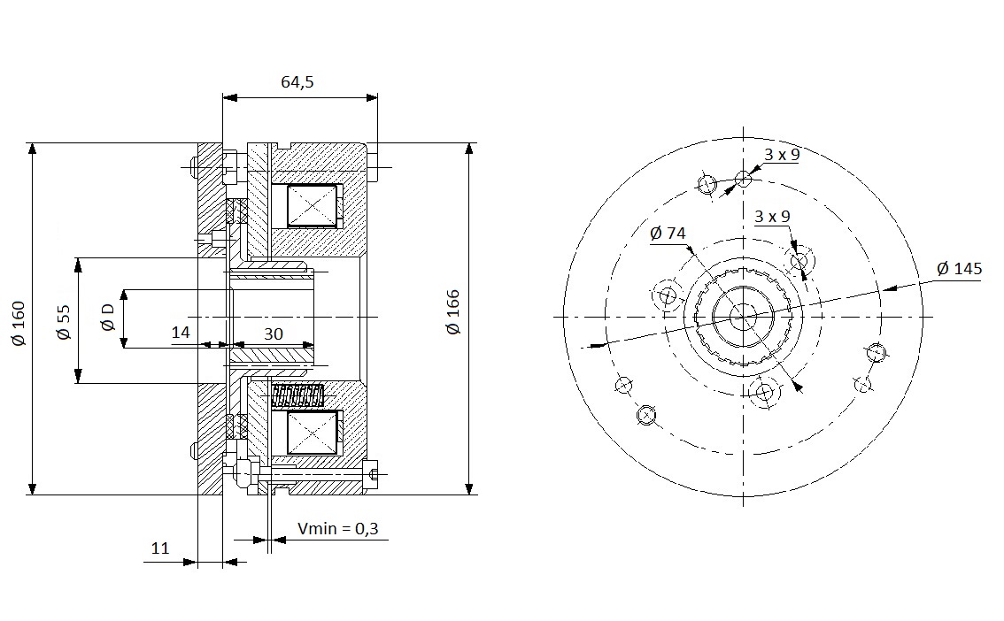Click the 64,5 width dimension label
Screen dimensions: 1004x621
coord(297,82)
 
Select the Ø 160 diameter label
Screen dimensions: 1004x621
coord(19,323)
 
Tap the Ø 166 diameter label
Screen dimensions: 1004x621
coord(453,312)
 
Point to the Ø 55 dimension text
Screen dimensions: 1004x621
coord(64,322)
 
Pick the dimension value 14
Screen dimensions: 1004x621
coord(181,333)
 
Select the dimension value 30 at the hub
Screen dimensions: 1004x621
coord(274,333)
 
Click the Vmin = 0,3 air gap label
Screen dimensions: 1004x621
coord(338,528)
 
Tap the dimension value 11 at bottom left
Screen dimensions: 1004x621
coord(160,548)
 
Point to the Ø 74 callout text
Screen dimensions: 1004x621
coord(668,233)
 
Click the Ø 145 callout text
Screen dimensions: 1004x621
coord(959,269)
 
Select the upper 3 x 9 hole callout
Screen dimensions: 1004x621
coord(782,154)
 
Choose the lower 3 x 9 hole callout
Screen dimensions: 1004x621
coord(772,216)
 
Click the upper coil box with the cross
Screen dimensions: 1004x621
coord(312,206)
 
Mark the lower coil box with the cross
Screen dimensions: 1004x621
coord(312,433)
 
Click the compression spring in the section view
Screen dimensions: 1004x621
coord(297,396)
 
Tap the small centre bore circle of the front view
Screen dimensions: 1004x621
coord(743,317)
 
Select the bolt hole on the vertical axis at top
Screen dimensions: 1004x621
coord(743,179)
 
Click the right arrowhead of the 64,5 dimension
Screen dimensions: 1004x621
coord(371,97)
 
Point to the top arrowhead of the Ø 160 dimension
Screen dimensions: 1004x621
coord(33,149)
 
